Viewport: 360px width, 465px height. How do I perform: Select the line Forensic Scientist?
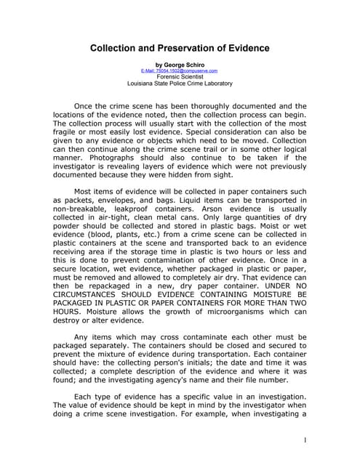coord(179,77)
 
